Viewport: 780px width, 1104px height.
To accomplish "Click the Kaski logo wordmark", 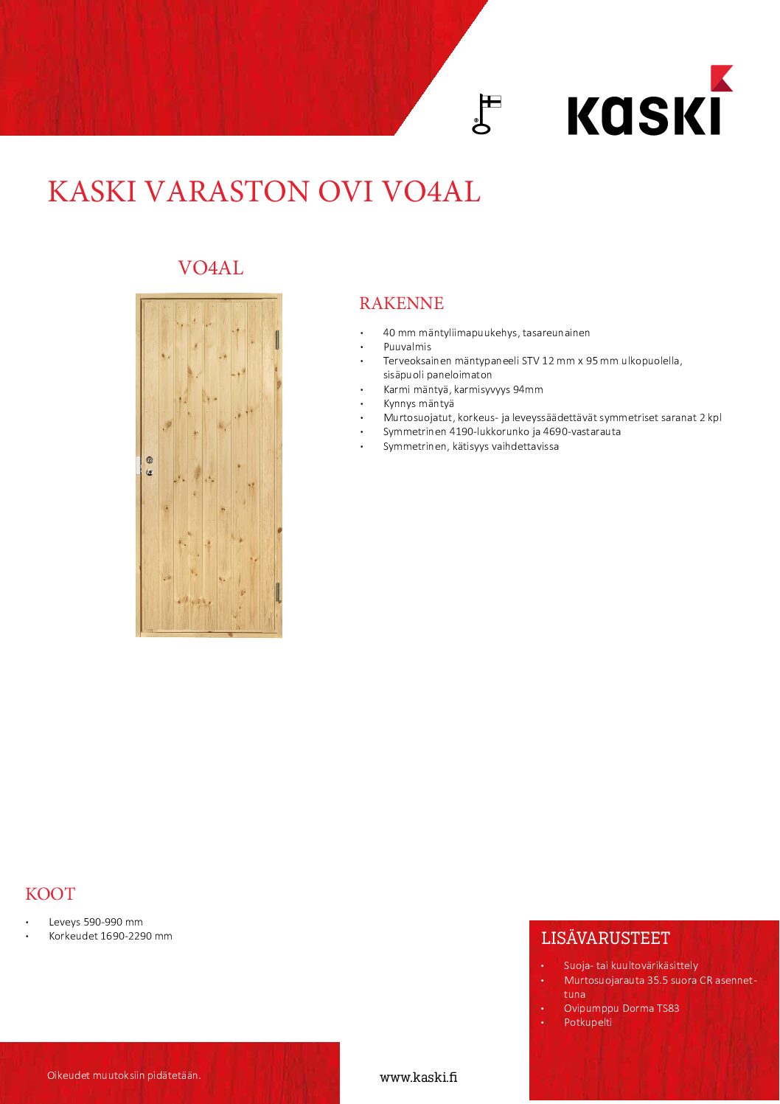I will [x=644, y=114].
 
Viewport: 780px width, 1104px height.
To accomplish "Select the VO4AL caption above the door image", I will [x=210, y=268].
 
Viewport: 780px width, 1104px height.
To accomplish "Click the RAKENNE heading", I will [x=401, y=303].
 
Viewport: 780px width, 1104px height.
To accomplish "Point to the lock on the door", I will [x=149, y=465].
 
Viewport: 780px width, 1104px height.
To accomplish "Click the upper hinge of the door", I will [x=277, y=339].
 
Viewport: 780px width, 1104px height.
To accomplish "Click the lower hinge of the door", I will [x=277, y=591].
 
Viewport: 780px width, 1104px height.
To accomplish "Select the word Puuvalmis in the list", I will [x=407, y=347].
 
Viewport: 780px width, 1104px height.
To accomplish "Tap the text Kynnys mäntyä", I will [x=418, y=403].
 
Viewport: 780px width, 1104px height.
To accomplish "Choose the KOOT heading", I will [x=50, y=894].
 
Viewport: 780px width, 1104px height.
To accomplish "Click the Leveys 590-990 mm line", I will [x=96, y=922].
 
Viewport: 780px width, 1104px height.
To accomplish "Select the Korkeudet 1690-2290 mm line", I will [x=111, y=936].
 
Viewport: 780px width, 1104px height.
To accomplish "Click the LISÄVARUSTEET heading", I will [x=605, y=938].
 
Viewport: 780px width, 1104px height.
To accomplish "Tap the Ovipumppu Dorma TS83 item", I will [x=621, y=1008].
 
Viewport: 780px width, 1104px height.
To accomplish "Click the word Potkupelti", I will [x=588, y=1022].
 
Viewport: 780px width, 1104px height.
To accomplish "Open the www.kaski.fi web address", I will [x=418, y=1077].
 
